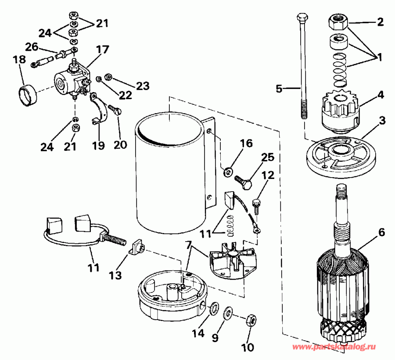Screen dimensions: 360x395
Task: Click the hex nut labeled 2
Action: pyautogui.click(x=338, y=20)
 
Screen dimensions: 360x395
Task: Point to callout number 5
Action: pyautogui.click(x=279, y=89)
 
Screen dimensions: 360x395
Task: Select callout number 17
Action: pyautogui.click(x=102, y=50)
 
